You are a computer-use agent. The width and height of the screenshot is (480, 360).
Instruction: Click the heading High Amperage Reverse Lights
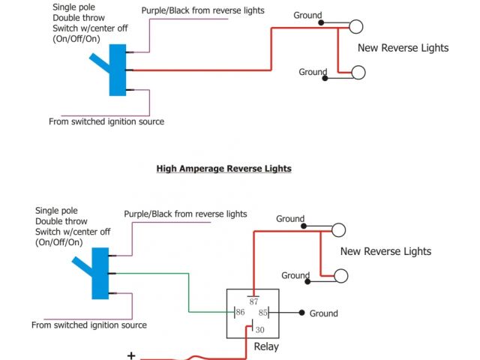223,169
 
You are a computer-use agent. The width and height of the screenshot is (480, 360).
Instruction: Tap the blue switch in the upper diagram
117,72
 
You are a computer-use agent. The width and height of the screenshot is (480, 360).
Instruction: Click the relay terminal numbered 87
253,301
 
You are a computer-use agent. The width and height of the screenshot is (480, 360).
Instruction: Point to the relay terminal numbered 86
241,312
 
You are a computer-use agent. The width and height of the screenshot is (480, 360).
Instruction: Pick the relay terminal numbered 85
263,312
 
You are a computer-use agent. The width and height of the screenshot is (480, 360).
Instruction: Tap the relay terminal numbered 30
259,329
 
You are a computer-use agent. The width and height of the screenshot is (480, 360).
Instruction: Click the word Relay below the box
265,347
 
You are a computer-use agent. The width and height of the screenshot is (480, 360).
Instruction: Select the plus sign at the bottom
131,355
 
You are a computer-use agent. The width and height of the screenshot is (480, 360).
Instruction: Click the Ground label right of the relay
323,313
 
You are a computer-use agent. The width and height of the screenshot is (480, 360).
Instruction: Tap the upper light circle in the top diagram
355,27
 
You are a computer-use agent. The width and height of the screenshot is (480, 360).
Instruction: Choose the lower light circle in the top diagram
358,72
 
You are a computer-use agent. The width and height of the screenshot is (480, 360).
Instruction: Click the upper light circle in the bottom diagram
338,230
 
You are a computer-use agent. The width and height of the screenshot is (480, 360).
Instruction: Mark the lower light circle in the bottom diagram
341,276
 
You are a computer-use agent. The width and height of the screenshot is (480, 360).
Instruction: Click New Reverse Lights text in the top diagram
403,48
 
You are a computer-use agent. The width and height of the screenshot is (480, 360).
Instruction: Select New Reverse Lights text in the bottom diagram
385,251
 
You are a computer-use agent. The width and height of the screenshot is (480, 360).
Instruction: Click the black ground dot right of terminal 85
301,313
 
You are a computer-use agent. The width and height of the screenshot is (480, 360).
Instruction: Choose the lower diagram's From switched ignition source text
89,325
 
